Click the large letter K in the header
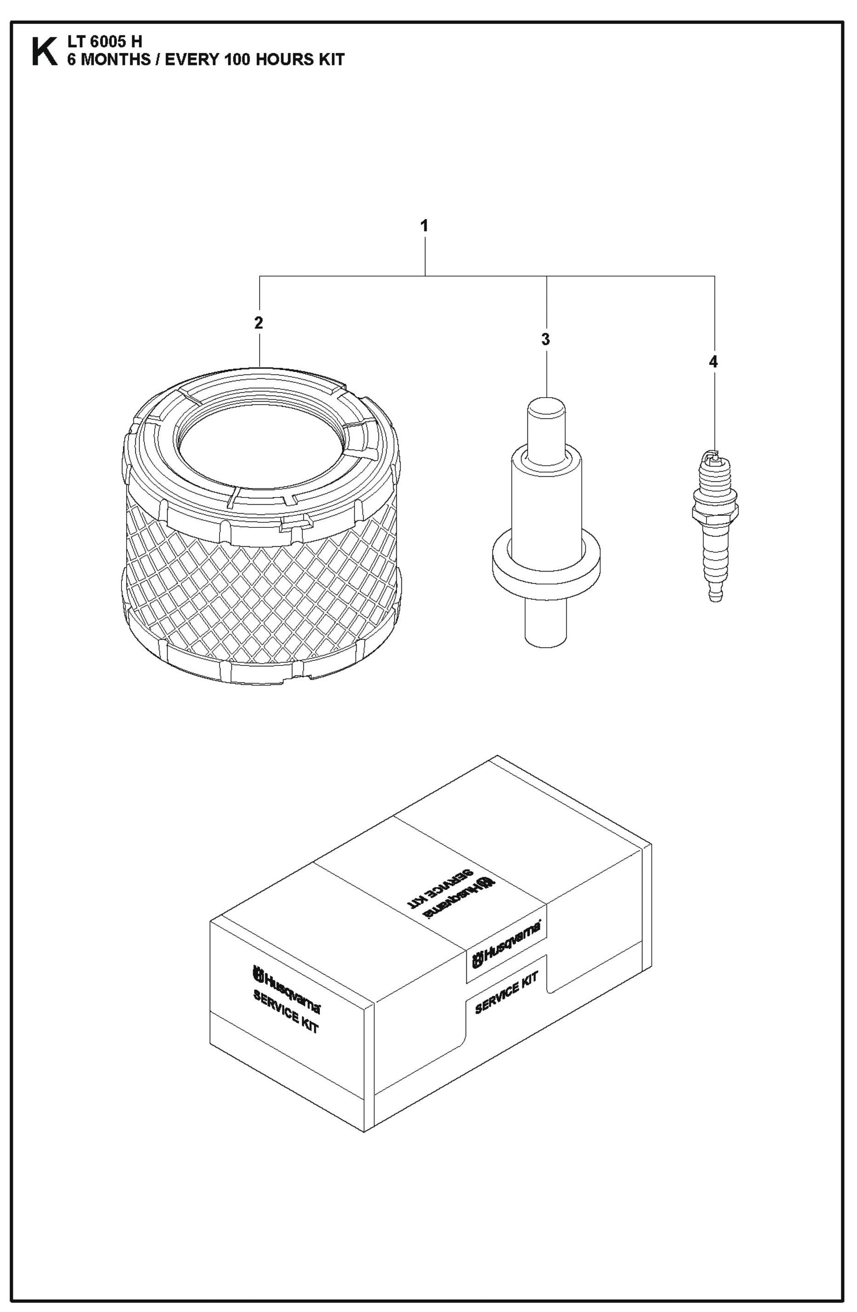[44, 52]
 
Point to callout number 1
[424, 225]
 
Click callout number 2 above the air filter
[259, 323]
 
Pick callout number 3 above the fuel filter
[545, 339]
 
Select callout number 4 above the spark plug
[713, 362]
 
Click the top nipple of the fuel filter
[545, 424]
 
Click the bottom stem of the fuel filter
[545, 623]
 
